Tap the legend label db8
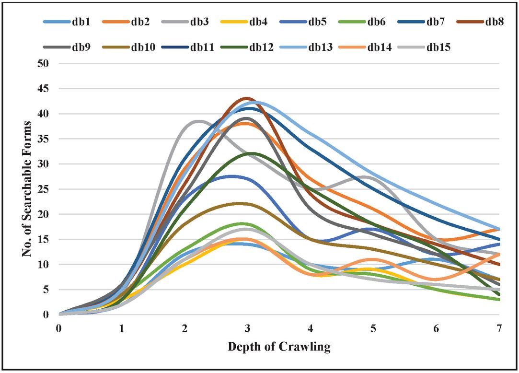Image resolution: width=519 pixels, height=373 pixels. click(494, 21)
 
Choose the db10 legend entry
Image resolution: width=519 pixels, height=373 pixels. click(138, 47)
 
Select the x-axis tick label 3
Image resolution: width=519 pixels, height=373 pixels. click(247, 328)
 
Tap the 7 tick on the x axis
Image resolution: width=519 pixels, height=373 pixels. click(499, 328)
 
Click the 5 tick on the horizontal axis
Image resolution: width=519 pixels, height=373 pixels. click(373, 328)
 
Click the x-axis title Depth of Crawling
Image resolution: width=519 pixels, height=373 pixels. click(279, 347)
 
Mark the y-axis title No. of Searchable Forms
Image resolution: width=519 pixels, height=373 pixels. click(27, 188)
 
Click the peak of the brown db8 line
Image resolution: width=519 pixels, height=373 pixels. click(246, 98)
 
